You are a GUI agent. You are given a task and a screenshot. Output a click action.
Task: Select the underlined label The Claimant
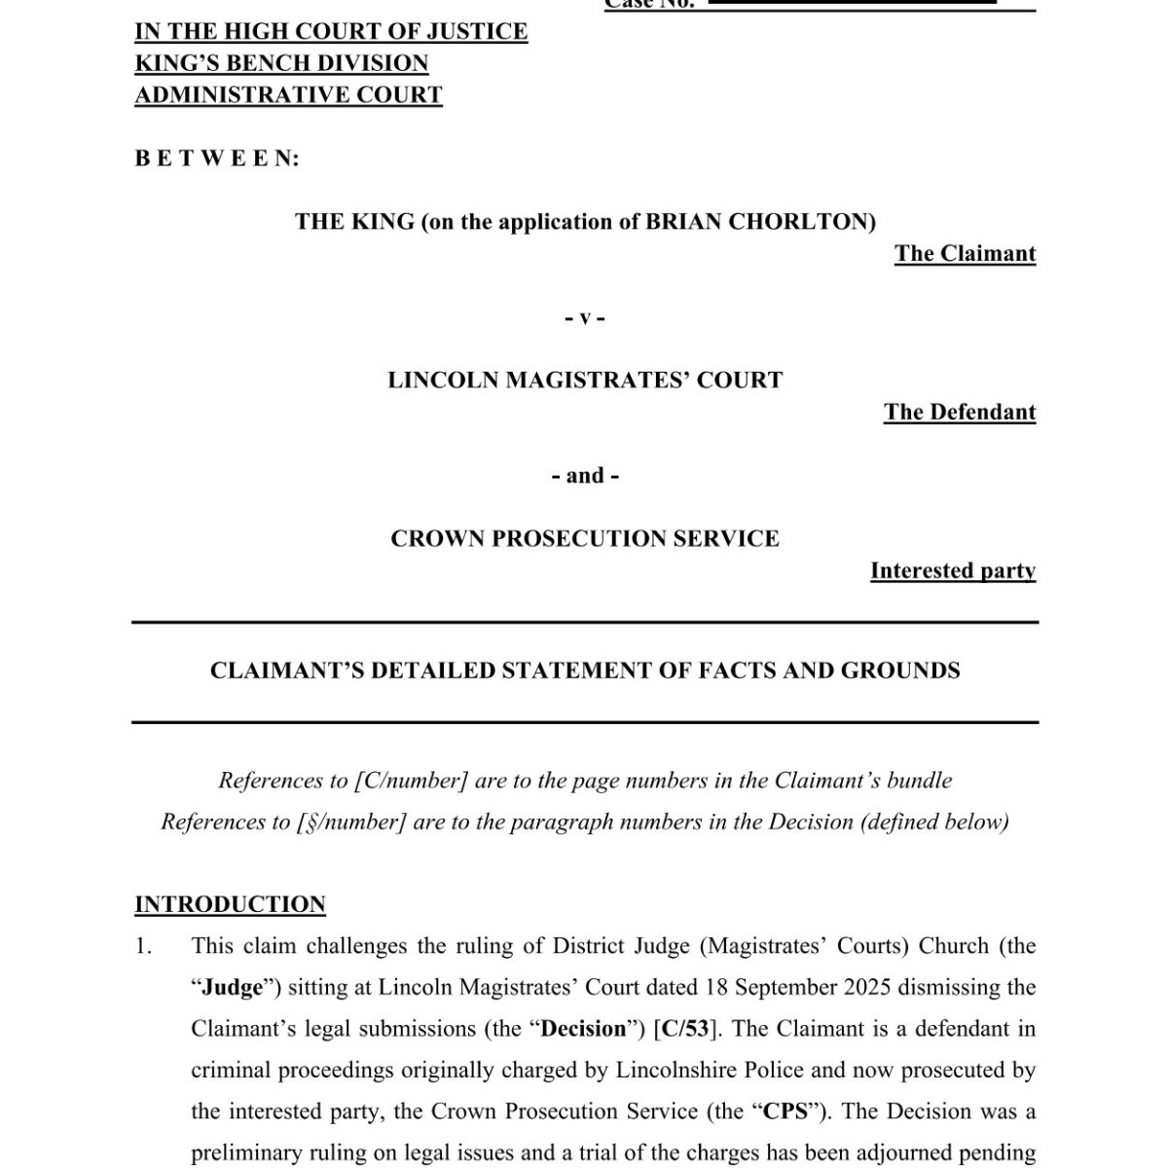click(965, 254)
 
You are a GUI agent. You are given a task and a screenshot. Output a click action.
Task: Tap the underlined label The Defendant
click(960, 413)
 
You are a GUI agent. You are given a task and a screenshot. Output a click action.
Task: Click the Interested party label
click(953, 571)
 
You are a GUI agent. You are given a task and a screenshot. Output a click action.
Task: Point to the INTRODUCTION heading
click(230, 904)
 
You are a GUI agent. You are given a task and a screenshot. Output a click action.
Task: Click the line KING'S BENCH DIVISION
click(281, 63)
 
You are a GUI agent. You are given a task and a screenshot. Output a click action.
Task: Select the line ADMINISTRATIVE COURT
click(288, 95)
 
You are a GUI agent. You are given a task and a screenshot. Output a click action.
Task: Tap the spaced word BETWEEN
click(217, 159)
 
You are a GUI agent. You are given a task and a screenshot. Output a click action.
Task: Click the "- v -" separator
click(585, 318)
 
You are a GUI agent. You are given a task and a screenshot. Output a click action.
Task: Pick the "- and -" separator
click(585, 476)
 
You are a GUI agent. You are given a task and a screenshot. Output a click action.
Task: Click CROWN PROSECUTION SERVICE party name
click(585, 539)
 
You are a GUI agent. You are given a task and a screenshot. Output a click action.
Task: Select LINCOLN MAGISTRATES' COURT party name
click(585, 381)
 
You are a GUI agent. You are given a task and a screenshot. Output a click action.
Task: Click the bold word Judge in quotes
click(233, 988)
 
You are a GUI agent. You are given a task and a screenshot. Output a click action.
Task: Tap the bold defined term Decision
click(584, 1029)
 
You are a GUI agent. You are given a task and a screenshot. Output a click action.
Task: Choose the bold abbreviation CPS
click(784, 1112)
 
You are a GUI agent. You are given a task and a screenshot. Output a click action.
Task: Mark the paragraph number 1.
click(143, 946)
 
